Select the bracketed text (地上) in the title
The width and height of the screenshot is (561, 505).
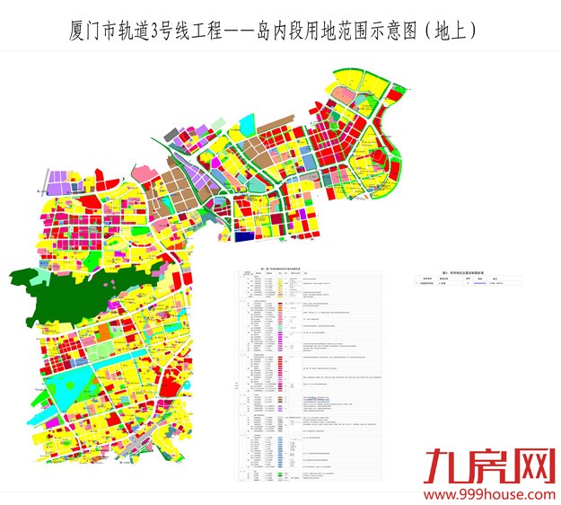(x=447, y=30)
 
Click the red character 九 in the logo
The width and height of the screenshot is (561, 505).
(x=444, y=468)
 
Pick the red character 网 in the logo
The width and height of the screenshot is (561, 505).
(x=530, y=468)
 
